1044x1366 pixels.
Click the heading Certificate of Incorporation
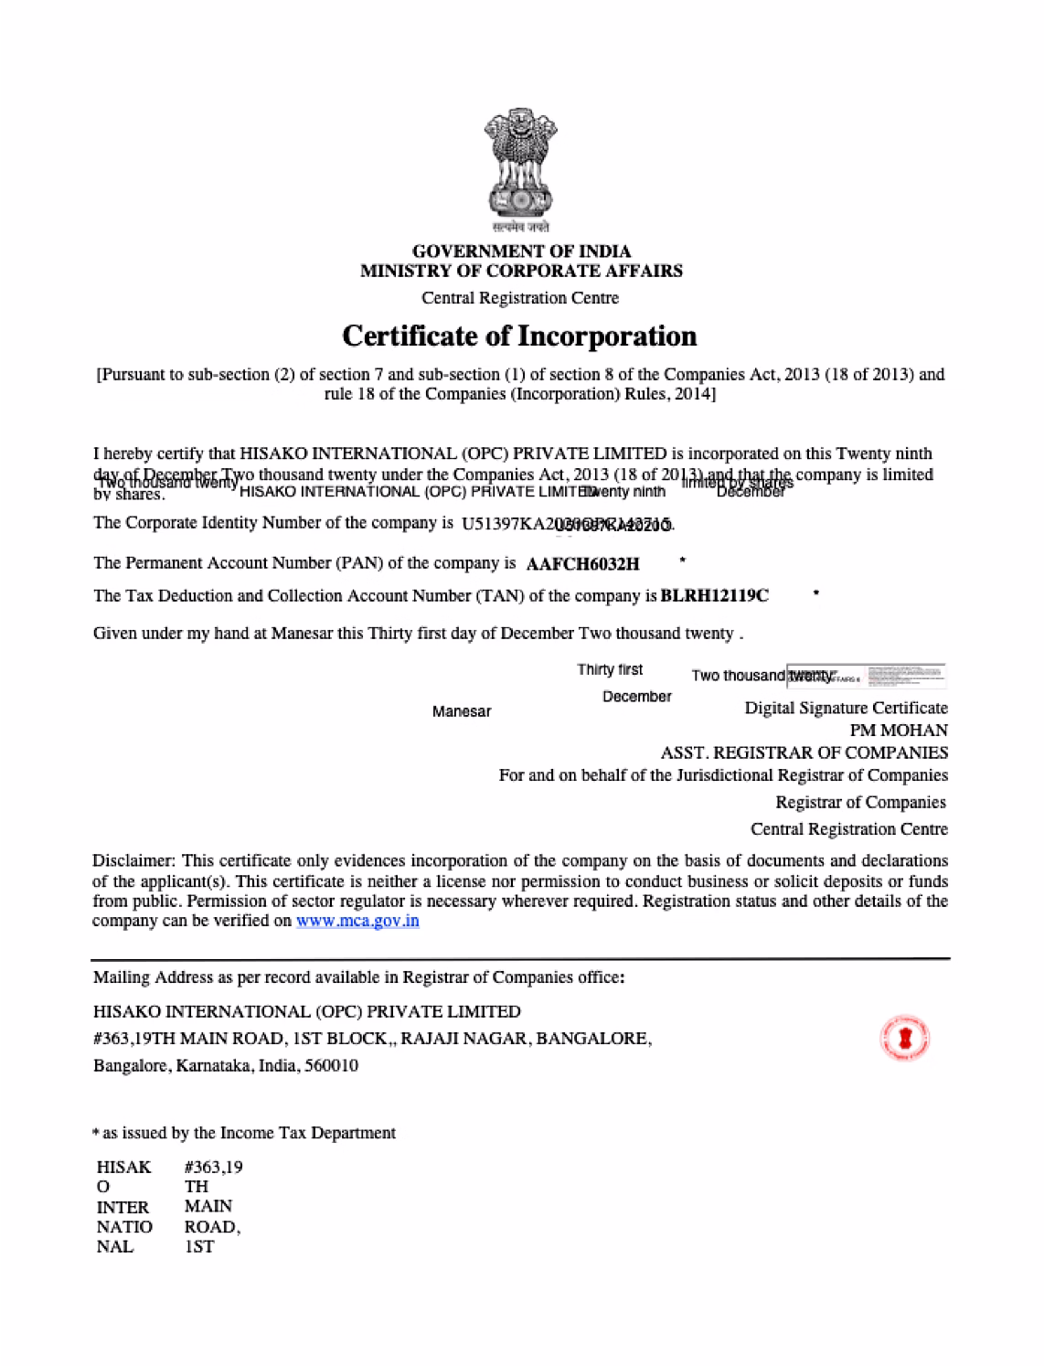pos(519,336)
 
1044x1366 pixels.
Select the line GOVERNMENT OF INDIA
pos(521,251)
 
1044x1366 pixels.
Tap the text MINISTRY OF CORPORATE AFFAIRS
pos(521,271)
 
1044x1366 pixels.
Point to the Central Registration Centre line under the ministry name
pos(520,298)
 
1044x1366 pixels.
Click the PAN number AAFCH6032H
pos(583,564)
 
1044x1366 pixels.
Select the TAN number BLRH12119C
pos(715,596)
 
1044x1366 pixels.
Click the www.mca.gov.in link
pos(357,921)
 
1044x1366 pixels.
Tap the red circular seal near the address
pos(904,1038)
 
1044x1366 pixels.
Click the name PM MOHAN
pos(898,731)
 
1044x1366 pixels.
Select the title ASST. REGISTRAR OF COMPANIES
pos(804,752)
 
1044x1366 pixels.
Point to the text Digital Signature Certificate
pos(846,708)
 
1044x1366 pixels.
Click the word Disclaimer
pos(133,860)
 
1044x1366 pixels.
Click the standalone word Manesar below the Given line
pos(462,711)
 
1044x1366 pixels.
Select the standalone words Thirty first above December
pos(610,670)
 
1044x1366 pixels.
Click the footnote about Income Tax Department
pos(244,1133)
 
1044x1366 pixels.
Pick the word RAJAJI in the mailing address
pos(429,1039)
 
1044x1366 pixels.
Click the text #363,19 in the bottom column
pos(213,1167)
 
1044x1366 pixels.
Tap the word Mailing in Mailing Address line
pos(121,977)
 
